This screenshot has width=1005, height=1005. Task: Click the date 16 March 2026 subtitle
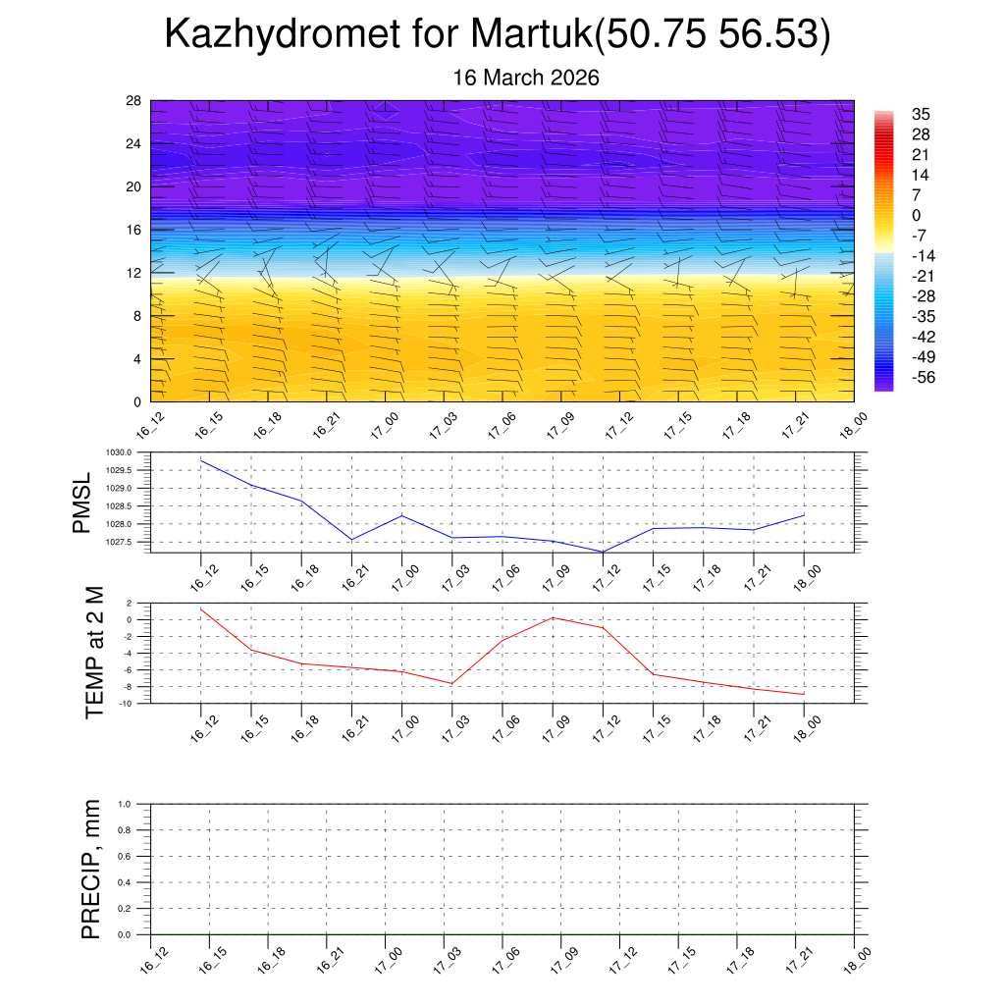click(x=526, y=78)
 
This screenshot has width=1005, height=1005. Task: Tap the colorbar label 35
click(x=921, y=114)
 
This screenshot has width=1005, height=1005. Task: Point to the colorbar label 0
click(x=916, y=215)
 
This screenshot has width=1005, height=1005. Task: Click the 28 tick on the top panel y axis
click(x=134, y=101)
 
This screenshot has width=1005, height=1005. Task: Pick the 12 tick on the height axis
click(x=134, y=273)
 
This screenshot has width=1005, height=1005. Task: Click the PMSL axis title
click(x=82, y=502)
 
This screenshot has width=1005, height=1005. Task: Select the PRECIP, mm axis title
click(x=91, y=869)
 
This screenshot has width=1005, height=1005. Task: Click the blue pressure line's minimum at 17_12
click(x=602, y=552)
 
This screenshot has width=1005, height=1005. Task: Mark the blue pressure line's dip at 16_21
click(x=351, y=540)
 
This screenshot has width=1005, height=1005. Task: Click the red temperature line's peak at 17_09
click(x=553, y=617)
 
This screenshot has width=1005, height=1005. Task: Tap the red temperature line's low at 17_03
click(x=451, y=683)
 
